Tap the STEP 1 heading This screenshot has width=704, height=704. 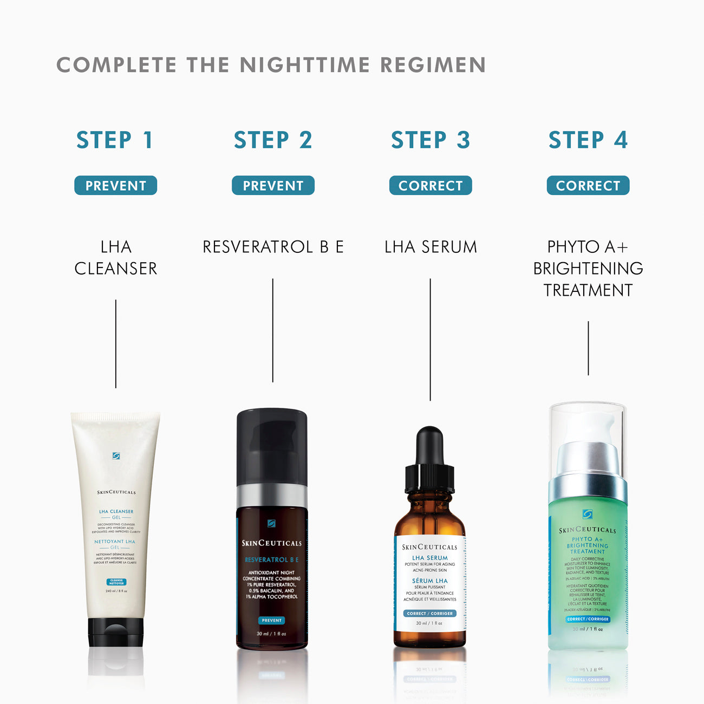coord(115,140)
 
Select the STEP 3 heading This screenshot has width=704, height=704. coord(430,140)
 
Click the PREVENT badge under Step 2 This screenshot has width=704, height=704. coord(273,186)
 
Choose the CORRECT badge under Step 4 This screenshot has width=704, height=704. coord(588,186)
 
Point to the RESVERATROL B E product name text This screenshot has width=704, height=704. coord(273,247)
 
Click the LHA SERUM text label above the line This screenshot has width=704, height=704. coord(431,247)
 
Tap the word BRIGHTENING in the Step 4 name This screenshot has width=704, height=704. coord(588,269)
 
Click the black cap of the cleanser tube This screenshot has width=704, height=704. coord(116,633)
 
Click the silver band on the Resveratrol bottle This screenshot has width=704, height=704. coord(272,496)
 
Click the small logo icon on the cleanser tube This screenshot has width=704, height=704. coord(116,456)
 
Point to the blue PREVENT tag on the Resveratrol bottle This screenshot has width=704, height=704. coord(272,621)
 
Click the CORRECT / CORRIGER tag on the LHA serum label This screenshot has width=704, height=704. coord(430,614)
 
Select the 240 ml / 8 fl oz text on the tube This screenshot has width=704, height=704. coord(116,591)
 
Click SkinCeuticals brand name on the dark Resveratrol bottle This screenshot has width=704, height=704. coord(272,543)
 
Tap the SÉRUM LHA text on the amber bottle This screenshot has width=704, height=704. coord(430,581)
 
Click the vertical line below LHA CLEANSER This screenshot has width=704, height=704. coord(116,344)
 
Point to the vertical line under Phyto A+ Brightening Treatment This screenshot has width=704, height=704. coord(588,348)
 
